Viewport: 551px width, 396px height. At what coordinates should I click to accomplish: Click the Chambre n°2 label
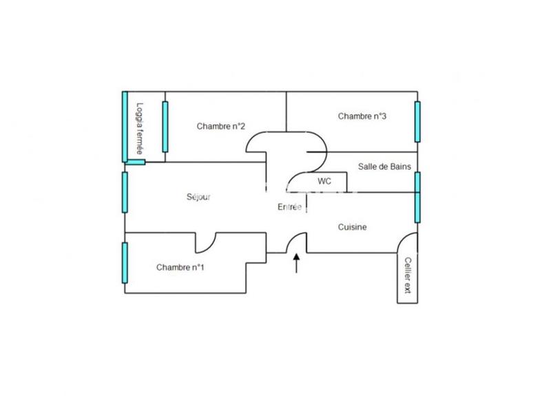221,126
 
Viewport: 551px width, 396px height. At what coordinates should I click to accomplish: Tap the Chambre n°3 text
362,116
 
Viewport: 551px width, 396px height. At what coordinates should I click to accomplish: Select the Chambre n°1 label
180,267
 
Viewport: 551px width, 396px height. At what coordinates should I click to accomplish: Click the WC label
324,181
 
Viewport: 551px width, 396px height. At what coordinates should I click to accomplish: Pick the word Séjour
199,198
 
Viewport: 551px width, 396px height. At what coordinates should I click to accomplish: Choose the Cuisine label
352,227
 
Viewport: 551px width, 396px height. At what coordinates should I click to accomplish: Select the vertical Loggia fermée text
140,127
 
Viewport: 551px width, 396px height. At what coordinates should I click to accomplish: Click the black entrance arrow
297,263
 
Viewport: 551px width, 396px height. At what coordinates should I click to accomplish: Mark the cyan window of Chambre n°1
125,262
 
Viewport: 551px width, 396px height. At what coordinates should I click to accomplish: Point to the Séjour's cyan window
125,192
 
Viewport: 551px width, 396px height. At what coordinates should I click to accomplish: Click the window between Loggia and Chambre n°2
165,127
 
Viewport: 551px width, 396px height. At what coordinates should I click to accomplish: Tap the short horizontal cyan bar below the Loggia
136,163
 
